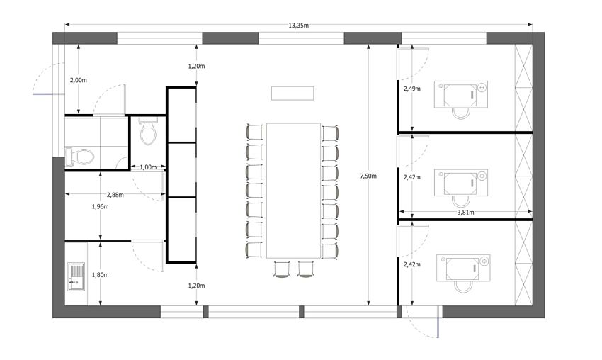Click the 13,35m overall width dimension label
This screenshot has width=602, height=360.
pos(298,26)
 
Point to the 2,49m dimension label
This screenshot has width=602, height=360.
pos(411,89)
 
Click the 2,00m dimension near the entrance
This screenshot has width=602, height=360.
pos(78,80)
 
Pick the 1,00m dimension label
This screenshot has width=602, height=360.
pos(148,167)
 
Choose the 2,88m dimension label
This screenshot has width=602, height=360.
pos(115,195)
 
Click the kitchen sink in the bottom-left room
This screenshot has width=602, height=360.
pos(76,276)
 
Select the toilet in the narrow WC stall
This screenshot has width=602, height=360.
pos(148,131)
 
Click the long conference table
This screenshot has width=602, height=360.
pos(293,190)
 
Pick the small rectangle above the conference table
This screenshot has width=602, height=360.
pos(293,94)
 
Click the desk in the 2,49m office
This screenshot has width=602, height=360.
pos(461,94)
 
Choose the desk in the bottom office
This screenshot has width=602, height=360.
pos(462,266)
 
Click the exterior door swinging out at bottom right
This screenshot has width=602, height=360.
pos(424,322)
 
